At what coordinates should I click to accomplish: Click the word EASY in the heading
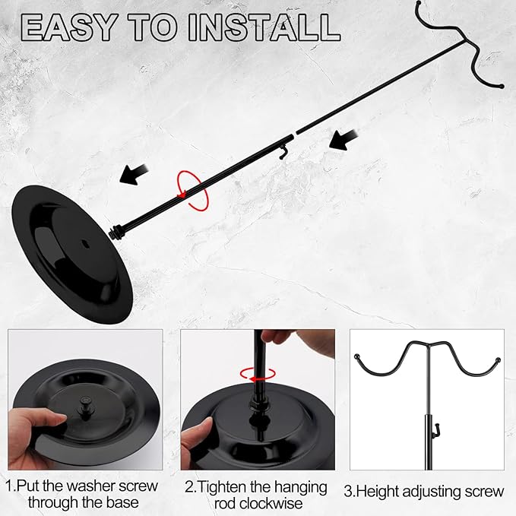(x=69, y=27)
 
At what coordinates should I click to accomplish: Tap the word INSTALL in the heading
(x=264, y=27)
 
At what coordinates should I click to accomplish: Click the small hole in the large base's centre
(x=85, y=244)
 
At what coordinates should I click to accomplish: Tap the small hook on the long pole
(x=283, y=152)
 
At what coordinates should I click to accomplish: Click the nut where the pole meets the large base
(x=116, y=232)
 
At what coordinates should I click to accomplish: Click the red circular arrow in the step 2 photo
(x=258, y=374)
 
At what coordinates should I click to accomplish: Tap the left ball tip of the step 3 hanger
(x=356, y=356)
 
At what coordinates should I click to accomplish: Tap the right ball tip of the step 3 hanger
(x=498, y=360)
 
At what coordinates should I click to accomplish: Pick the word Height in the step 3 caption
(x=378, y=492)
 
